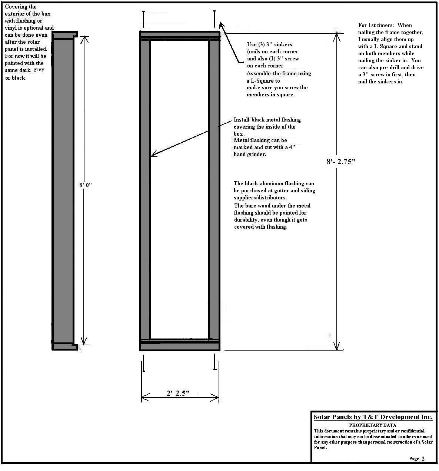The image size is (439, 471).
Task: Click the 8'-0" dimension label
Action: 85,185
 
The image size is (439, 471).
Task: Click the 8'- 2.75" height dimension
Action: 340,162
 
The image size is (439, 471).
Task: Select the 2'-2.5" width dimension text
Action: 178,393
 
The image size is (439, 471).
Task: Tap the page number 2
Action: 423,459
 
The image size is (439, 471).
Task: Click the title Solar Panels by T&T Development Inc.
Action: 373,417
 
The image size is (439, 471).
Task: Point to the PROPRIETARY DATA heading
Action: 372,425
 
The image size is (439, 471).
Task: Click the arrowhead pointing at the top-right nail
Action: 221,25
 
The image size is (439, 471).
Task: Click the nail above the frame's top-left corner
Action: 143,18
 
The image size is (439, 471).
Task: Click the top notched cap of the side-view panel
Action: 64,35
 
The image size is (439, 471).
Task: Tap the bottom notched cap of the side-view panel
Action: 65,346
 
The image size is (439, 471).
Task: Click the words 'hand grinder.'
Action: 250,154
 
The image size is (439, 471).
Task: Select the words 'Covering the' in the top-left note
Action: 21,7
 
